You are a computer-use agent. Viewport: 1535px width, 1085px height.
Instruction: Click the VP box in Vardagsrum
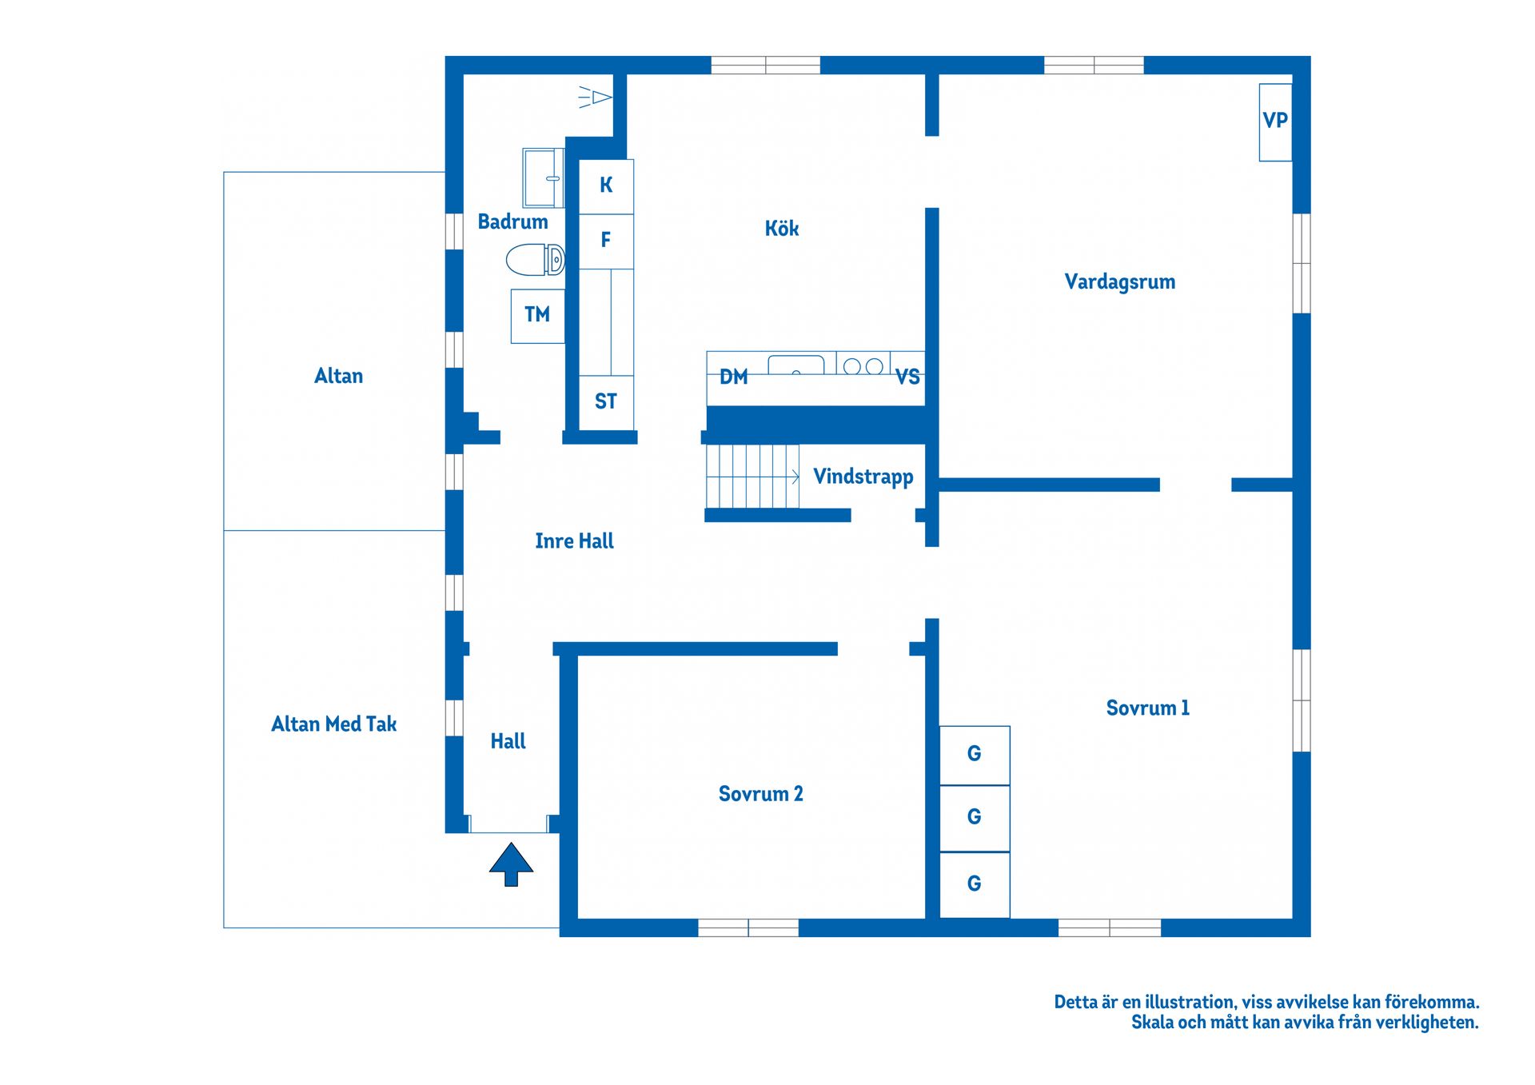[x=1275, y=122]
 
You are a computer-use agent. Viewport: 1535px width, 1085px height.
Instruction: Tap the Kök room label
[x=782, y=229]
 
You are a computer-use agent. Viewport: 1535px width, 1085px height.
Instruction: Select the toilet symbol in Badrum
[x=535, y=260]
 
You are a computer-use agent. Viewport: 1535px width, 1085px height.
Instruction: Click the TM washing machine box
[x=537, y=316]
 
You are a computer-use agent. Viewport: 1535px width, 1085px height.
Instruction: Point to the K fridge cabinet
[x=606, y=186]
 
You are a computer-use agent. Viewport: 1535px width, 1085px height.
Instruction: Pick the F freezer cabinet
[x=606, y=241]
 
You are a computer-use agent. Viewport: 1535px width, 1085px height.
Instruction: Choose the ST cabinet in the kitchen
[x=606, y=402]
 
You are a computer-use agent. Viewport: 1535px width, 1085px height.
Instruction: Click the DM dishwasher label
[x=734, y=377]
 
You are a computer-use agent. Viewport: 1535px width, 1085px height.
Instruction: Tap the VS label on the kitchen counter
[x=907, y=377]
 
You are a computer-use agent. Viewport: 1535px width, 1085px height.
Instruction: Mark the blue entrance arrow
[x=511, y=864]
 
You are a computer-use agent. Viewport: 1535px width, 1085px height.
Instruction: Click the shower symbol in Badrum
[x=595, y=97]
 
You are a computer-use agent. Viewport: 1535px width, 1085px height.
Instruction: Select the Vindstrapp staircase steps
[x=752, y=477]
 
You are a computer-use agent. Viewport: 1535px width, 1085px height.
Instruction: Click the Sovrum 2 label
[x=760, y=794]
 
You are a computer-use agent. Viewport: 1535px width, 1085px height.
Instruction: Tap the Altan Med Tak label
[x=334, y=724]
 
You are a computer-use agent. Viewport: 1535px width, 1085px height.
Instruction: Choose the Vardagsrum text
[x=1119, y=282]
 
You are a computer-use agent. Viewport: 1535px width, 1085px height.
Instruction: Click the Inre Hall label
[x=574, y=541]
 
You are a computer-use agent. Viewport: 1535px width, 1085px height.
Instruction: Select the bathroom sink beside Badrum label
[x=543, y=178]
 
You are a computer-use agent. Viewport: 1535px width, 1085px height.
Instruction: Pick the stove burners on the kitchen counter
[x=863, y=365]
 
